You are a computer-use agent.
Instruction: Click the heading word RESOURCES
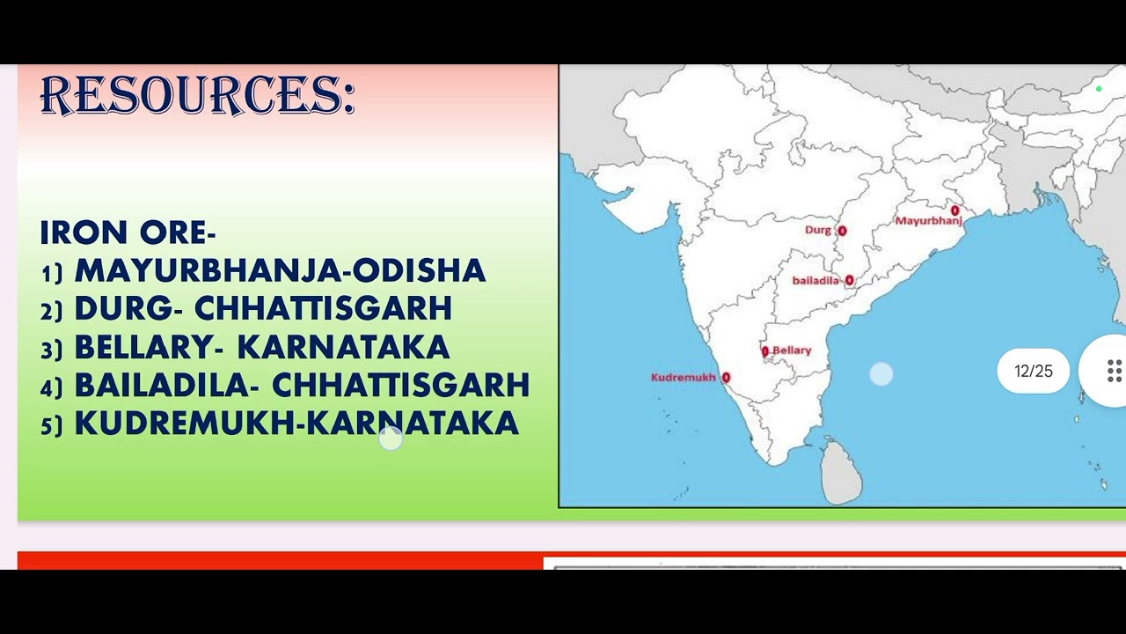pyautogui.click(x=197, y=95)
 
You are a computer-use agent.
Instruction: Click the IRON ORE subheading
pyautogui.click(x=128, y=232)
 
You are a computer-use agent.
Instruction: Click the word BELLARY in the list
pyautogui.click(x=143, y=348)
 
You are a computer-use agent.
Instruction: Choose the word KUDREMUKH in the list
pyautogui.click(x=185, y=424)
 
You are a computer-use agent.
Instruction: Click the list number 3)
pyautogui.click(x=52, y=350)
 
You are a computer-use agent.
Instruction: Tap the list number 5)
pyautogui.click(x=52, y=426)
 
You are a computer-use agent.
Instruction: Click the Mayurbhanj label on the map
pyautogui.click(x=928, y=221)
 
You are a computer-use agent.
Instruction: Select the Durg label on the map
pyautogui.click(x=818, y=230)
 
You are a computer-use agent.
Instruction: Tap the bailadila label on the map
pyautogui.click(x=815, y=281)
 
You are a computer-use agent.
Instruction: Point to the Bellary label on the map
pyautogui.click(x=792, y=350)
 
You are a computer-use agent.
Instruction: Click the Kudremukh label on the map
pyautogui.click(x=684, y=378)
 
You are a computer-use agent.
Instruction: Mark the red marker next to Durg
pyautogui.click(x=842, y=231)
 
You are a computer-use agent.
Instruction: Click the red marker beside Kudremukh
pyautogui.click(x=726, y=378)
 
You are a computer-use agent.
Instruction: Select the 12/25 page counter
pyautogui.click(x=1033, y=372)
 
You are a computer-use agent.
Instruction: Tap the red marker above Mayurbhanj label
pyautogui.click(x=954, y=210)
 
